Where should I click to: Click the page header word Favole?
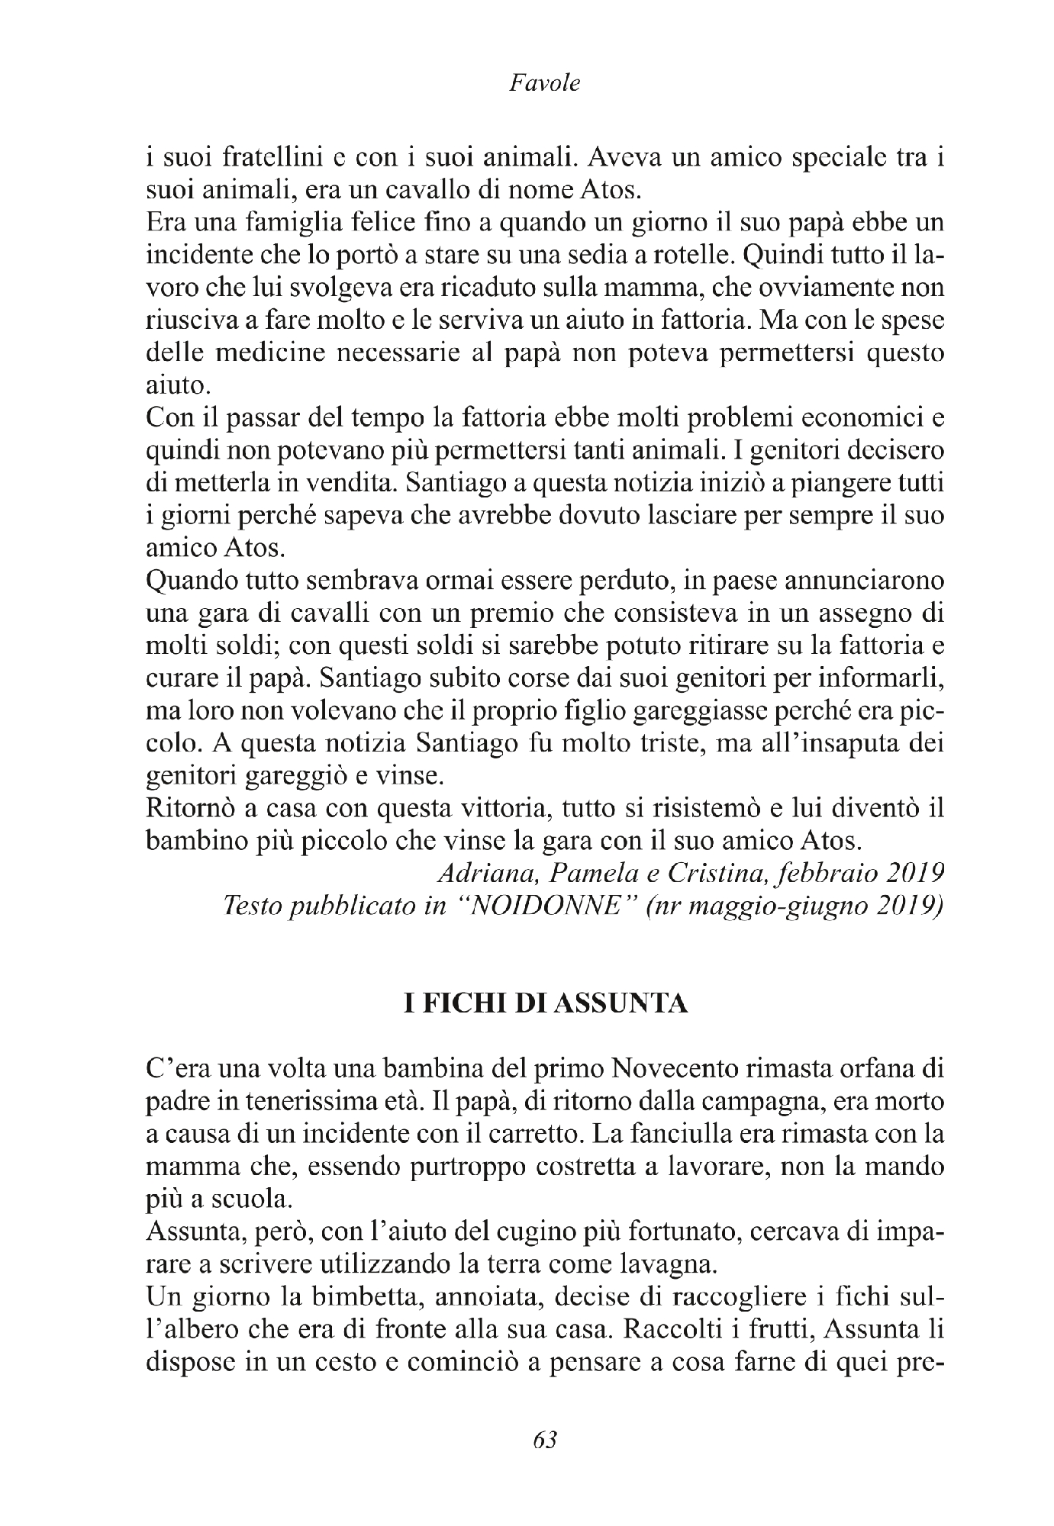(x=543, y=83)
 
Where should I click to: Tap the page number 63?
(x=543, y=1439)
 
